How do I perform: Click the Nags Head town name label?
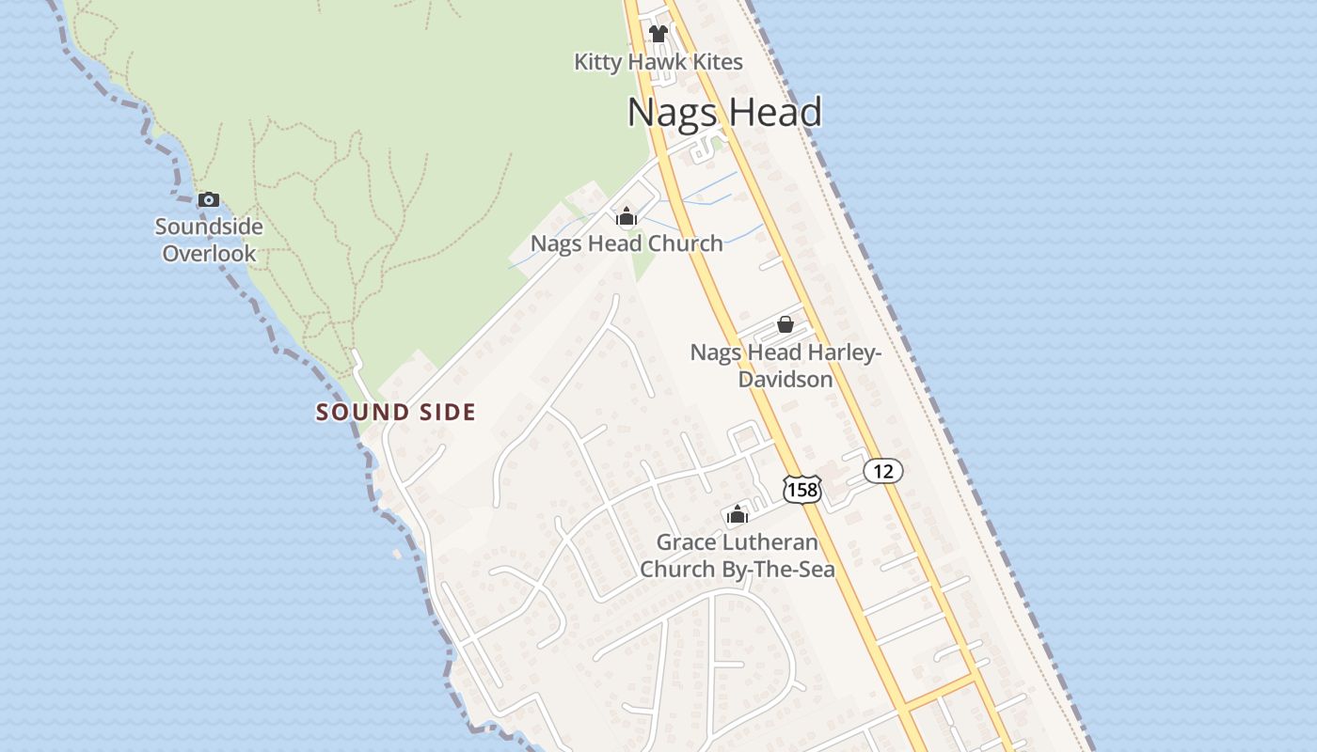724,112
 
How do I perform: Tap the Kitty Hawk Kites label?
658,62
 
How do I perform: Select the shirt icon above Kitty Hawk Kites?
658,34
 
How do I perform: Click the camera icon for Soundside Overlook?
209,199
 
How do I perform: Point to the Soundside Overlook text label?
209,240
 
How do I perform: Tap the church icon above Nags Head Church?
627,217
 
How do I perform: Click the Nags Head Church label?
627,243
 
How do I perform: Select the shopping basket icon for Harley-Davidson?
785,324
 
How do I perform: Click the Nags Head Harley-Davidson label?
785,366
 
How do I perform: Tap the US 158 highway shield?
801,489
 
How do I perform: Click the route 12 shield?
882,471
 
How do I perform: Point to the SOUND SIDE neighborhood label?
395,412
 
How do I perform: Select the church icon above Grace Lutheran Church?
737,514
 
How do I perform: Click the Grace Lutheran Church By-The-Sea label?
737,556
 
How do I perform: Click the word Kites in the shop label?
714,62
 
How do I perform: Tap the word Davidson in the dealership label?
785,380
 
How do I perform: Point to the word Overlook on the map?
209,254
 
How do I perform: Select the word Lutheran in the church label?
764,542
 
